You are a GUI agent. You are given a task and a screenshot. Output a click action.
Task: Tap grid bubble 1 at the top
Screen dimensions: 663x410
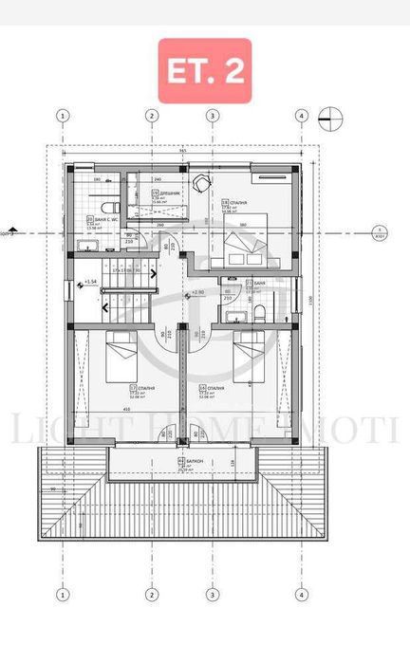pos(63,116)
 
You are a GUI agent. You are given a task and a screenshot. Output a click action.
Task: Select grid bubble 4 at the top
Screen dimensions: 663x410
pos(301,116)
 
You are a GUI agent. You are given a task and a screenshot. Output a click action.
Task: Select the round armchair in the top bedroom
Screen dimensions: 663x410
pos(201,184)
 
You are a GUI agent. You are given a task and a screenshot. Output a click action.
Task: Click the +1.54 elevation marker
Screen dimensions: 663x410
pos(90,282)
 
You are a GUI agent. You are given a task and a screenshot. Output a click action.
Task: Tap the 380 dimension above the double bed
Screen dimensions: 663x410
pos(244,225)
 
